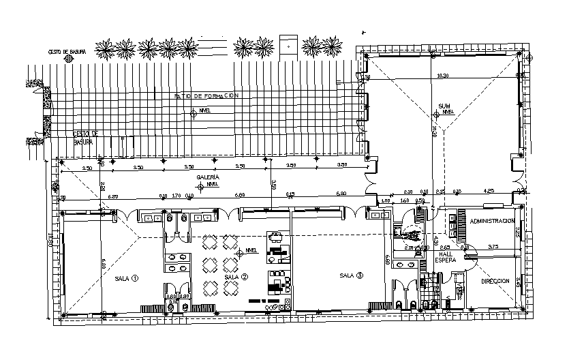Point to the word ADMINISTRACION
[491, 222]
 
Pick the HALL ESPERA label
[446, 256]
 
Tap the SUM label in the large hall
[444, 106]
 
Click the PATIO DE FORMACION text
[206, 96]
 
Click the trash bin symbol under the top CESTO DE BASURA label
[68, 59]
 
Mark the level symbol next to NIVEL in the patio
[194, 115]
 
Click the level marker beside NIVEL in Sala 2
[240, 252]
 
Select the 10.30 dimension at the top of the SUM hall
[444, 75]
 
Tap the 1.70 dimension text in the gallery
[176, 196]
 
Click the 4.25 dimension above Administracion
[489, 191]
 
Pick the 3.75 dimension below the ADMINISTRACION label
[494, 246]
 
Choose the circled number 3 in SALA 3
[360, 275]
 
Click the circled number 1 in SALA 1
[135, 278]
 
